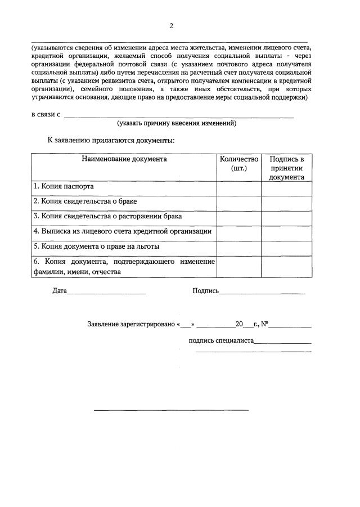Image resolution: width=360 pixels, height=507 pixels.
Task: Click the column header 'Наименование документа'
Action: [x=124, y=159]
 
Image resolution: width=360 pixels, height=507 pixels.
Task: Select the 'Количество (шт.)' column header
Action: [x=239, y=164]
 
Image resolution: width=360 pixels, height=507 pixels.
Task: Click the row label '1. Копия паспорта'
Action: [x=64, y=186]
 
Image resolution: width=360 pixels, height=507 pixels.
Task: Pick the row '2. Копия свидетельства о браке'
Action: [x=85, y=201]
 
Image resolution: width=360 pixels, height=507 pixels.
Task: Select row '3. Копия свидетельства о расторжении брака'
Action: [x=107, y=216]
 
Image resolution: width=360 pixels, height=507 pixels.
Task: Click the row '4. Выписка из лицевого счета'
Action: [x=123, y=231]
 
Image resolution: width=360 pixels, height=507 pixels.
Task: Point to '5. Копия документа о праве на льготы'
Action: [x=96, y=246]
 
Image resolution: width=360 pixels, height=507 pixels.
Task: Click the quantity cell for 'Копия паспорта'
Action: [x=239, y=188]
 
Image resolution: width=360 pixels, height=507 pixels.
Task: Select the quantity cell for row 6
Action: [x=239, y=267]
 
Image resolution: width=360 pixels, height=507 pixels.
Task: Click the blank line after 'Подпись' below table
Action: [x=262, y=292]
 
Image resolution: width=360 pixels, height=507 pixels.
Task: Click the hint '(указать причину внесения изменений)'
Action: [x=177, y=123]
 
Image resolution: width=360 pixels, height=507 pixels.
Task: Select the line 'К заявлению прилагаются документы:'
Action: [x=111, y=140]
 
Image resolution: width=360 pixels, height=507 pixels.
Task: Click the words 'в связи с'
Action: [x=46, y=114]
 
